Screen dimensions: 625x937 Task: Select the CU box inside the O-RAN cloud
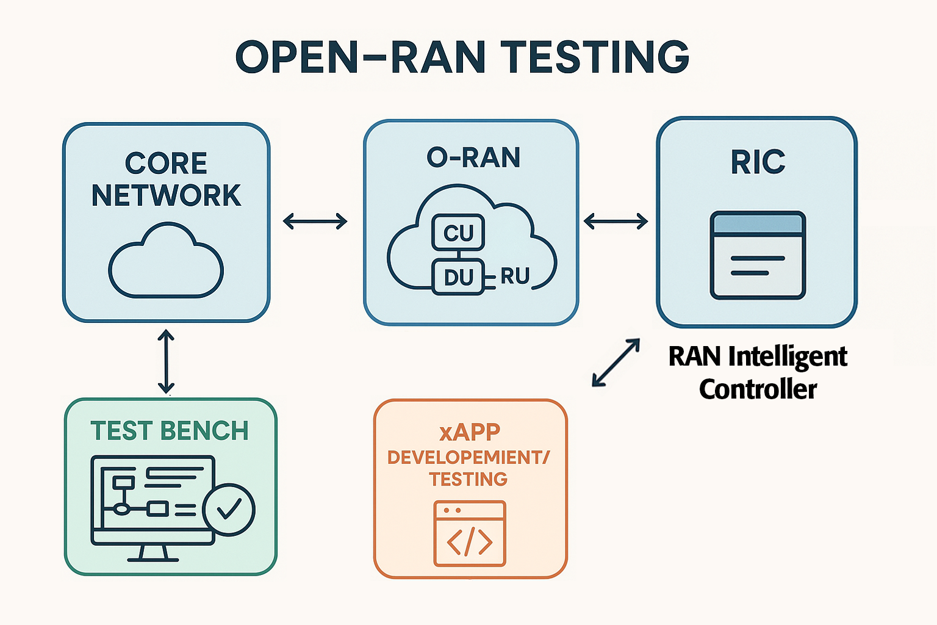458,233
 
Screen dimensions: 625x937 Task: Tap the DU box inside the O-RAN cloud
458,277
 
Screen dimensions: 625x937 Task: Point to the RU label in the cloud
515,276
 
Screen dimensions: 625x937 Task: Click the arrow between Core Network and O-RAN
315,221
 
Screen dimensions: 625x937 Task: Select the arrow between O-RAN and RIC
616,221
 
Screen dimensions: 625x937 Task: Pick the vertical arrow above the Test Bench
166,361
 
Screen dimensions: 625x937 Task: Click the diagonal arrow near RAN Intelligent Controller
616,363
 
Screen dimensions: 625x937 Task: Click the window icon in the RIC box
758,255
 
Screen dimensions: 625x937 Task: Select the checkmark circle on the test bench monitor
229,509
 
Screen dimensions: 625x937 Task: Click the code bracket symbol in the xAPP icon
469,541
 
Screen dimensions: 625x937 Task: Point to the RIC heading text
758,162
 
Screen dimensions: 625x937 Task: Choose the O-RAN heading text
473,157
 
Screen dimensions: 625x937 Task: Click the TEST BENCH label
170,431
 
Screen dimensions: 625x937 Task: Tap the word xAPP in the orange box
470,432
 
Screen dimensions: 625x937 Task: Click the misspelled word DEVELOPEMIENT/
468,457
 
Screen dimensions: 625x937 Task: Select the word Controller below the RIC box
758,389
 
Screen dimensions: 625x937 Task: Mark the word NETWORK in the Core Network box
167,195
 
